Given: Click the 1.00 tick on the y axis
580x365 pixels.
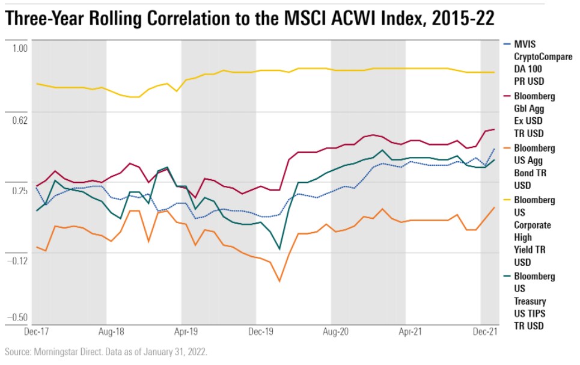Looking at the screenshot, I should point(20,48).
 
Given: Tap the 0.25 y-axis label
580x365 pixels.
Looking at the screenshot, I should point(20,191).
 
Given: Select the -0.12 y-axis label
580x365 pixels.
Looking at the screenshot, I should point(19,260).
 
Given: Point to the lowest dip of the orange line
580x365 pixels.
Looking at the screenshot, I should point(279,281).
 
